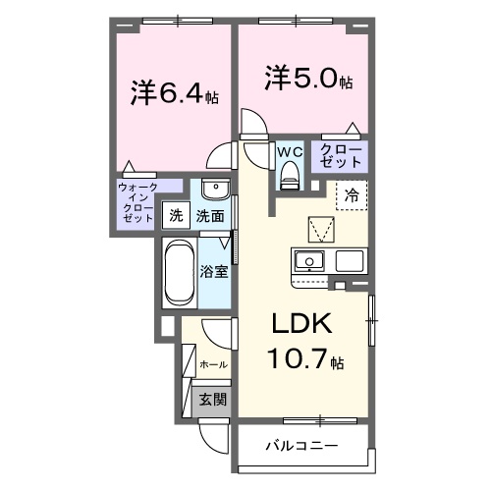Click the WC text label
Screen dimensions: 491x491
(289, 152)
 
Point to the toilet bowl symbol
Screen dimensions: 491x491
(289, 176)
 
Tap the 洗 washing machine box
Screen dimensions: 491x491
(176, 215)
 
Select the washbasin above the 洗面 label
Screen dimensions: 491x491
(215, 191)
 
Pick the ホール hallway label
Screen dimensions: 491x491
(214, 364)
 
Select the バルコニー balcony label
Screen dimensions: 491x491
(302, 445)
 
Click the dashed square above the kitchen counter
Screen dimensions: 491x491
(321, 229)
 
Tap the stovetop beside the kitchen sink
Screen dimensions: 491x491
(352, 261)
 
